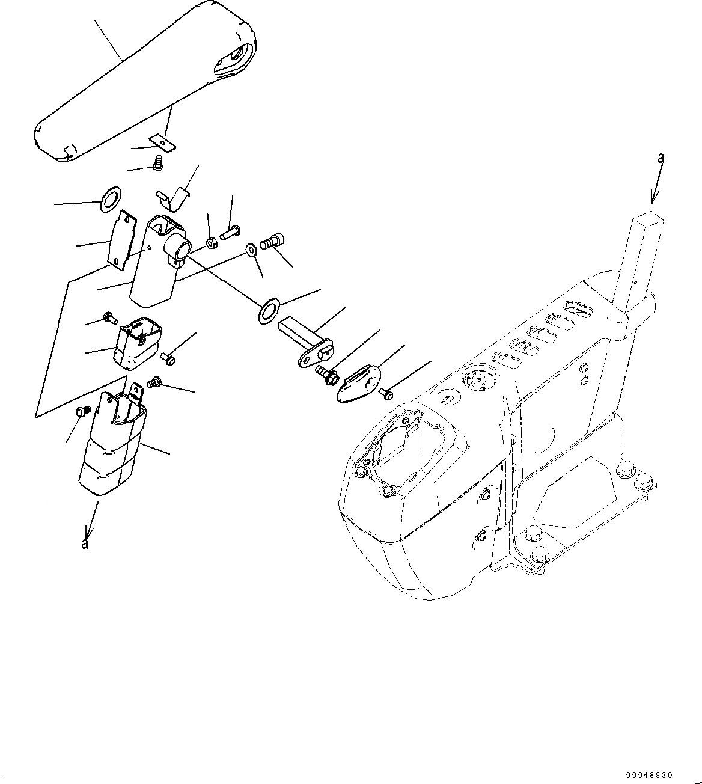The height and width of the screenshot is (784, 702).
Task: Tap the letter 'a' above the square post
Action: tap(661, 158)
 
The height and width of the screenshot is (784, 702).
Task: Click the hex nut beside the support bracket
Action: tap(212, 242)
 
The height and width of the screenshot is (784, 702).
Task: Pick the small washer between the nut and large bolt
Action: tap(252, 250)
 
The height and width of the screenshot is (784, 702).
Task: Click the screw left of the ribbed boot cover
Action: tap(83, 411)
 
